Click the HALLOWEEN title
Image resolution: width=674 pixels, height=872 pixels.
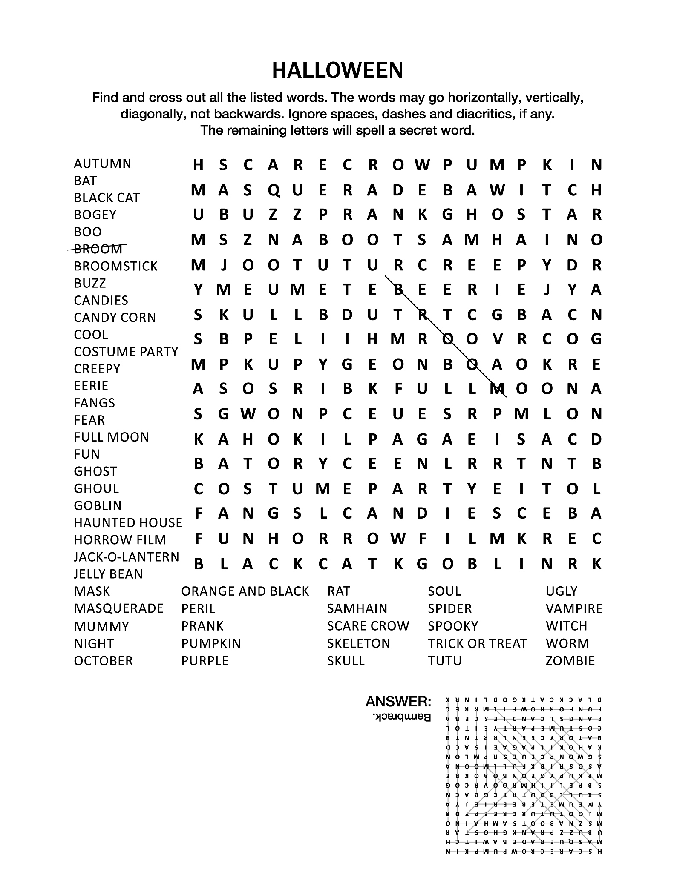337,71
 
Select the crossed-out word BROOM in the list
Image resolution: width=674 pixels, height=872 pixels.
98,249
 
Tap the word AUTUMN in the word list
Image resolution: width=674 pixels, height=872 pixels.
102,163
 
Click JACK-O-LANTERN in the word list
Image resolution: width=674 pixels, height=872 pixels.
126,557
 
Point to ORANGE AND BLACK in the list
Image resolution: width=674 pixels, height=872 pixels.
245,591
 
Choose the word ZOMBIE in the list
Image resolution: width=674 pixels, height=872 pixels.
570,661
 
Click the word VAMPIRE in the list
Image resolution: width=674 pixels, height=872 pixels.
574,609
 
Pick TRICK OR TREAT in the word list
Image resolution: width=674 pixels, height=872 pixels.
477,643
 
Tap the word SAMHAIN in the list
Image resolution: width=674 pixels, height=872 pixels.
357,609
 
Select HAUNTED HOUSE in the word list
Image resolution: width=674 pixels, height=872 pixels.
128,523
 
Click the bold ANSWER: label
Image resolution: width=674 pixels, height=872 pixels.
398,702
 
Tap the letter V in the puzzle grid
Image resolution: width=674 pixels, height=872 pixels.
497,339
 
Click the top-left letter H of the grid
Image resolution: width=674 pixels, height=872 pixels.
198,165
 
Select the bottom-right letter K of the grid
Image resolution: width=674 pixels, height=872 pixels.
596,564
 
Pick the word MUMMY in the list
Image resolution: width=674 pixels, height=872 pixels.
101,627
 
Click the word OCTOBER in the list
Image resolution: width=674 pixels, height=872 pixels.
103,661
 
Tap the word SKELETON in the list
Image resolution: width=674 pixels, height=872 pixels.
358,643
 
